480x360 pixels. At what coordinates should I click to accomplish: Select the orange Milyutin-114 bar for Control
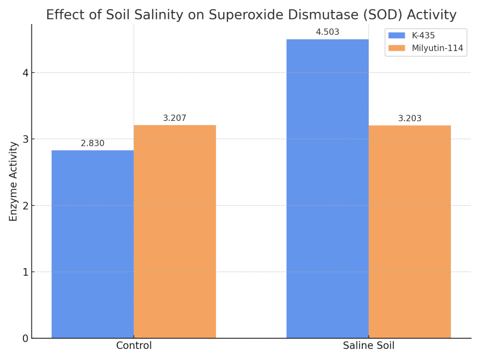(175, 231)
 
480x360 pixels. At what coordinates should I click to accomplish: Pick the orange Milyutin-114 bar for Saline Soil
(409, 231)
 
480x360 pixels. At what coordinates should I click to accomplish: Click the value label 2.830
(92, 144)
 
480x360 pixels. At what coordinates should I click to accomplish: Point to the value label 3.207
(175, 119)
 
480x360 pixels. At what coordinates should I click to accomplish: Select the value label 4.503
(328, 32)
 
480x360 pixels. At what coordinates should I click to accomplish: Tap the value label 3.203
(410, 119)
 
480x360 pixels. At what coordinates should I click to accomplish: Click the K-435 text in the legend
(423, 36)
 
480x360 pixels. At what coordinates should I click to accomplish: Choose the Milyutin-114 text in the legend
(437, 48)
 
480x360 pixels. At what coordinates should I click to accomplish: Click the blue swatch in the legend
(396, 36)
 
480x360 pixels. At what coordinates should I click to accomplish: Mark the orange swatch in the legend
(396, 48)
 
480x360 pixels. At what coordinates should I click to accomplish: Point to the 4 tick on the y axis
(25, 73)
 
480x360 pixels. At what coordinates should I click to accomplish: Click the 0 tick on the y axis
(25, 338)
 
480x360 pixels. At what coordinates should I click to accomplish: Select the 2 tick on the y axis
(25, 206)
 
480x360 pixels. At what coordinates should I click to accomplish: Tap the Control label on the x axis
(134, 346)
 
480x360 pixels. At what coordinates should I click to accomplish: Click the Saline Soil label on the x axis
(369, 346)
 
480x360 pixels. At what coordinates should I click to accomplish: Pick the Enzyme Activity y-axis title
(13, 181)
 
